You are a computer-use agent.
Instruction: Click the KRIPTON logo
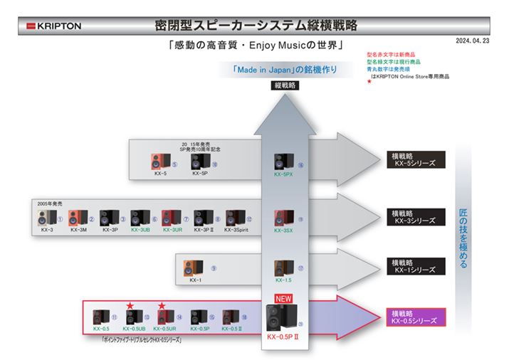tap(54, 26)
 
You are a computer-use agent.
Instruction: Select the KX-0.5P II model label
tap(282, 336)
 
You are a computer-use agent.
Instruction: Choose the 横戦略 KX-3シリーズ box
tap(416, 216)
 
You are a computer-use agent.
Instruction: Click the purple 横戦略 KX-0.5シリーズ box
tap(416, 316)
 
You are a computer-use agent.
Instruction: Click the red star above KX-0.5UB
tap(131, 306)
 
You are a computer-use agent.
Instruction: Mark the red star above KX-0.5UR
tap(162, 306)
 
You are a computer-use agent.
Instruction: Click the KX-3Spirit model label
tap(237, 230)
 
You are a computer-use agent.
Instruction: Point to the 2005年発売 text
tap(50, 203)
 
